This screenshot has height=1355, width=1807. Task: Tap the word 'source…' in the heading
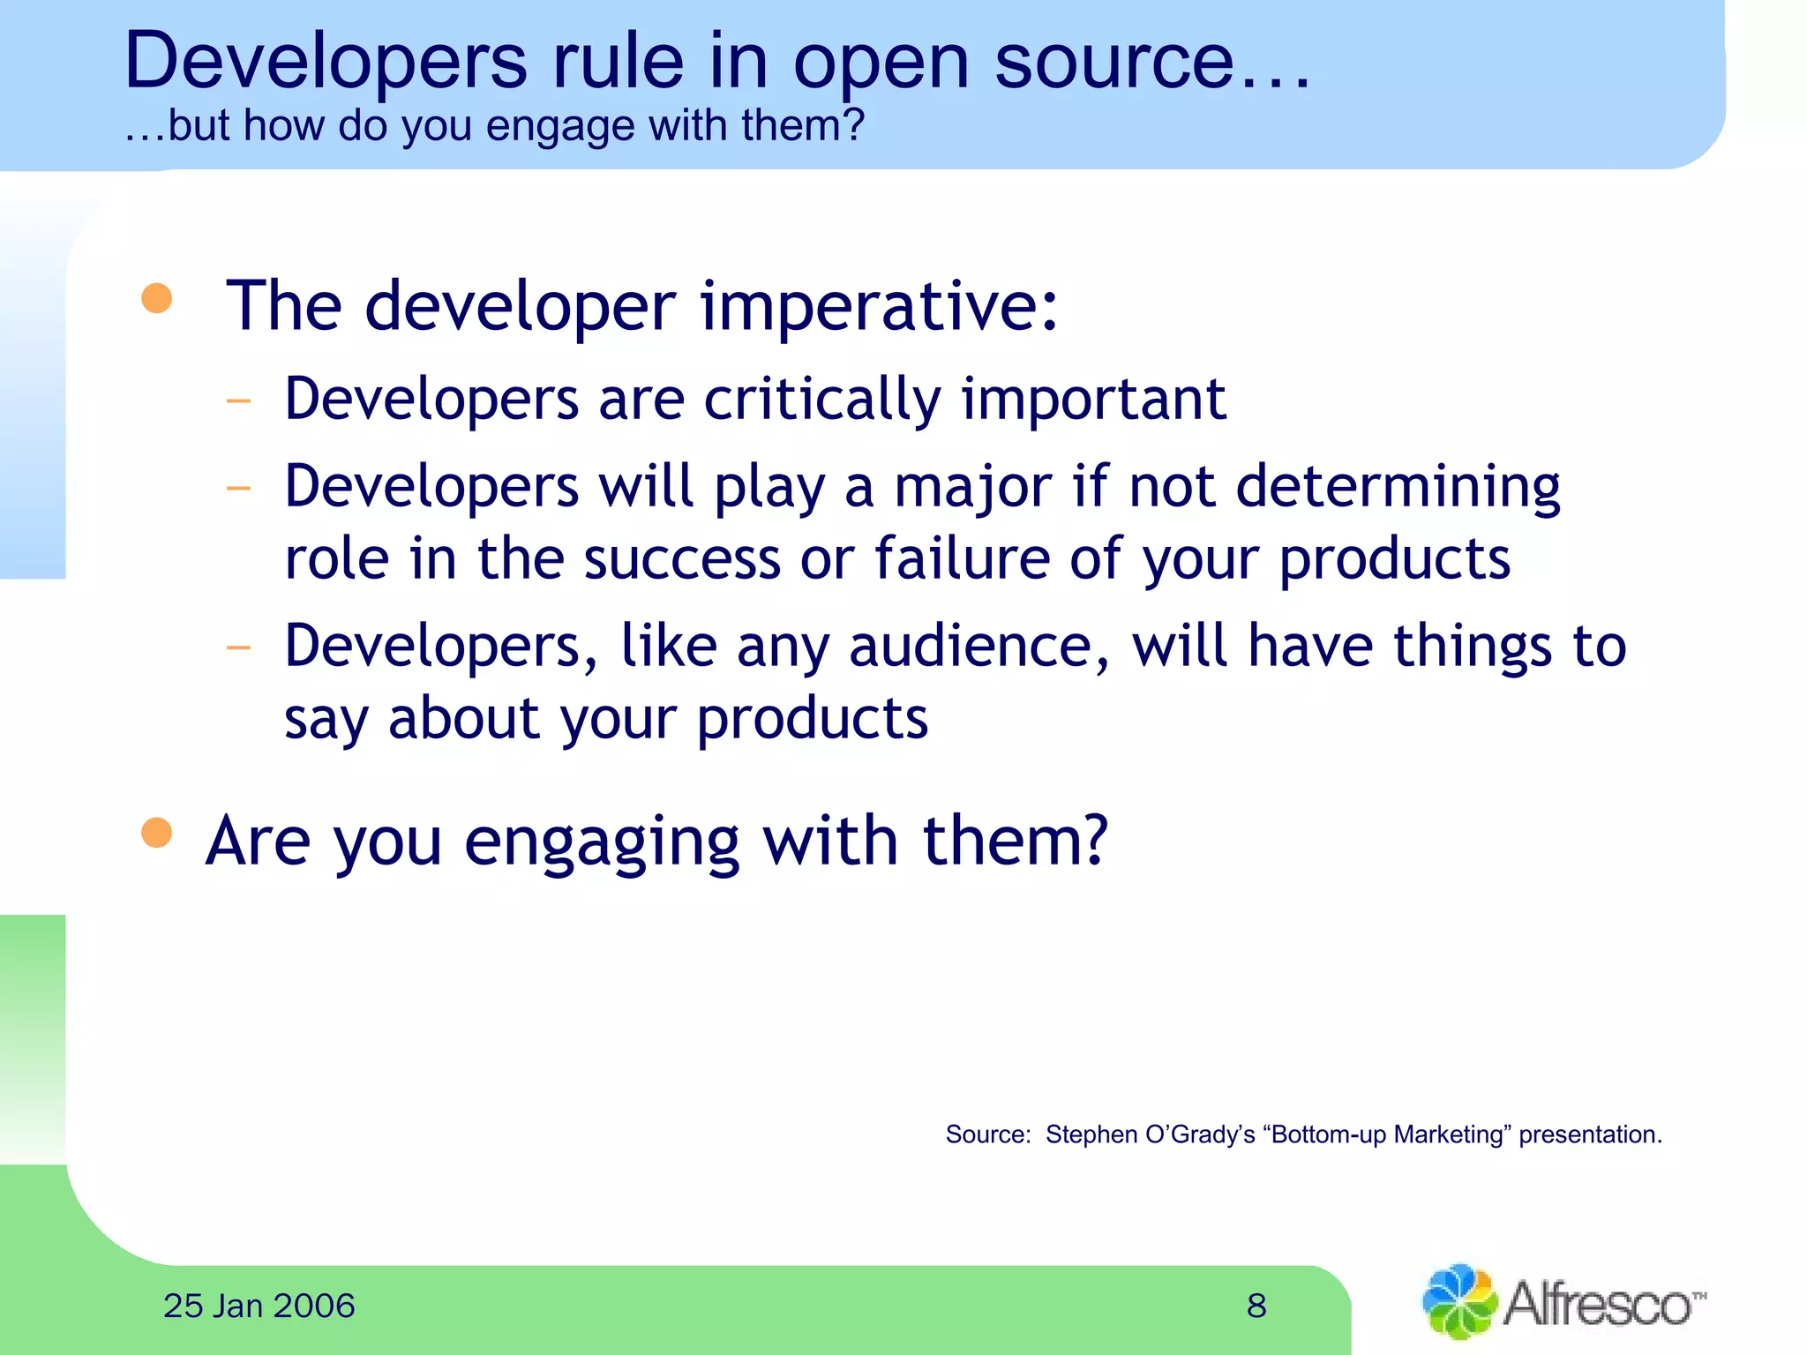(1151, 62)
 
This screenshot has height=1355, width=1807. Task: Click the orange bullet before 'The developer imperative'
(157, 298)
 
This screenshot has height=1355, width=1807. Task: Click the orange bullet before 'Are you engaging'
(157, 833)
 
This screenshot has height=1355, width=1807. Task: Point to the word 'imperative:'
(879, 306)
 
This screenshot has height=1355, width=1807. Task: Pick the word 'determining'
(1398, 487)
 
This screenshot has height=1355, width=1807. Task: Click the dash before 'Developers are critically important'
(239, 401)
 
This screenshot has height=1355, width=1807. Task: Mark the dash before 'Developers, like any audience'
(239, 648)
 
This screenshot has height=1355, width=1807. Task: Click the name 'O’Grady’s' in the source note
(1200, 1134)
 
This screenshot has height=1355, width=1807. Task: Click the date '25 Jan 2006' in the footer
(259, 1306)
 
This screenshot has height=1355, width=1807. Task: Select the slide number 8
(1256, 1306)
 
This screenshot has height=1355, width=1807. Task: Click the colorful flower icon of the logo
(1458, 1301)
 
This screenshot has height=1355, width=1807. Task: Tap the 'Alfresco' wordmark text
(1598, 1304)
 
